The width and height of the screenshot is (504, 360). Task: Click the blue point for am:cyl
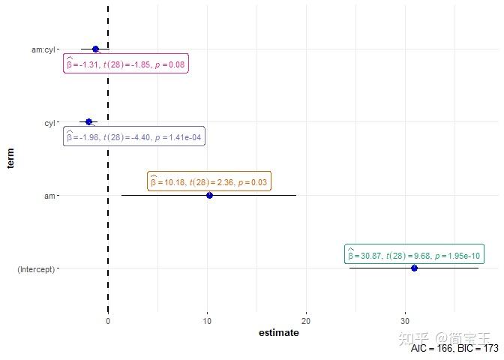point(95,49)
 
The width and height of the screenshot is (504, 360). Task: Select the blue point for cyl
point(88,121)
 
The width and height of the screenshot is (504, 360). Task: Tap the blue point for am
point(209,195)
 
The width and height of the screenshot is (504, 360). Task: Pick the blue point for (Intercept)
point(414,268)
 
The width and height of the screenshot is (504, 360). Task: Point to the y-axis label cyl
point(50,122)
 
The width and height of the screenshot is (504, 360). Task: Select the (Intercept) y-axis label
point(35,268)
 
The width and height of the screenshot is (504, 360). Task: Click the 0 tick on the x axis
point(108,321)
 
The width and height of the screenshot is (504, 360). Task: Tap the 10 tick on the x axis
point(207,321)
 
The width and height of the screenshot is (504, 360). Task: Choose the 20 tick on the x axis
point(306,321)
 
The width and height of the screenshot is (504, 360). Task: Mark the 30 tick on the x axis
point(406,321)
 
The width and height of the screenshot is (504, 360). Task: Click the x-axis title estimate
point(278,333)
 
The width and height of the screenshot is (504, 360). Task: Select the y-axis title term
point(10,158)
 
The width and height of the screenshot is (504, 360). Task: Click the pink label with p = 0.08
point(126,65)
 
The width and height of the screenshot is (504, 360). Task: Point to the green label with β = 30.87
point(414,254)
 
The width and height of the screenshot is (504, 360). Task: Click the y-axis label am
point(50,196)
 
